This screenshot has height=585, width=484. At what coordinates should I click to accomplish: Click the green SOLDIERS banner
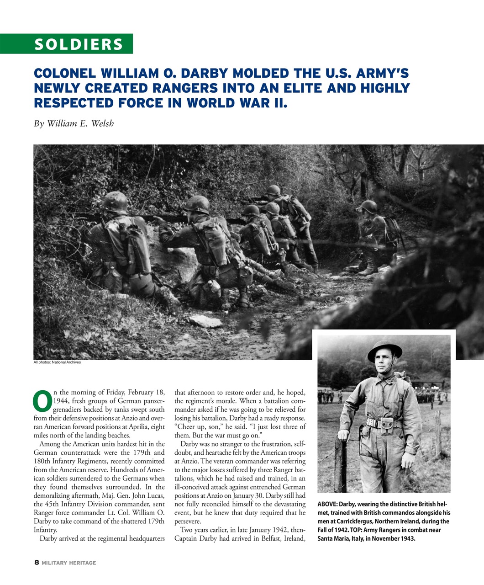coord(79,44)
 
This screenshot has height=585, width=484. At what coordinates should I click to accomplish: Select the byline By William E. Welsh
coord(74,123)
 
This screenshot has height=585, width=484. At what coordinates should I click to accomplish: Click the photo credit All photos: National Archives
coord(57,362)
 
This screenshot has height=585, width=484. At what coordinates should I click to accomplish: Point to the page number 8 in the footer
coord(37,563)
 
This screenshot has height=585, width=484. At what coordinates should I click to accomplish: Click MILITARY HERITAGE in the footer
coord(69,563)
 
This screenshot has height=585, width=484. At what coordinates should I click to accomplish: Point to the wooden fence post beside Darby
coord(341,462)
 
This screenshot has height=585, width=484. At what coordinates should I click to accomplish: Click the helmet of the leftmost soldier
coord(115,202)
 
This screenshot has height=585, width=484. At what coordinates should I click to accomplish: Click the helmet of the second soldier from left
coord(197,204)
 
